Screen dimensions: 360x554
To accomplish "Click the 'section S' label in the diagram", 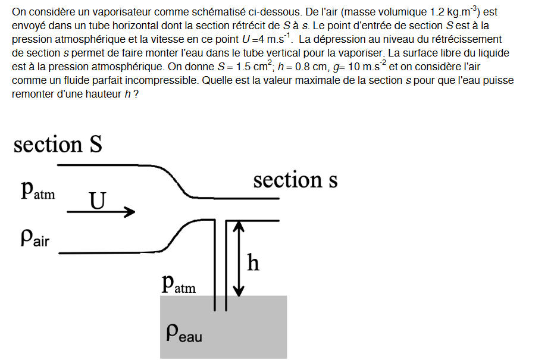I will click(x=58, y=145).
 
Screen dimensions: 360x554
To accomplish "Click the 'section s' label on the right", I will click(x=295, y=179).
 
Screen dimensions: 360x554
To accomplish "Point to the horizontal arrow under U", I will click(x=101, y=212).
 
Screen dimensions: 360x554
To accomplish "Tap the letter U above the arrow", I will click(x=97, y=201).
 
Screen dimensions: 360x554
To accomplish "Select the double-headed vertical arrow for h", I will click(x=239, y=258).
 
